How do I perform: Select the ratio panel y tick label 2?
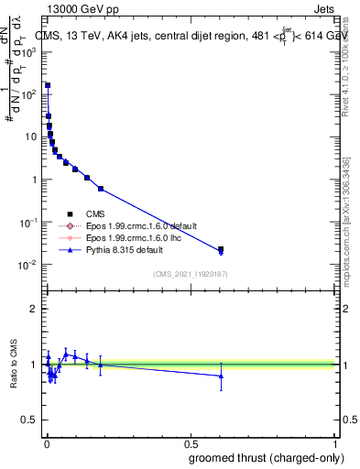click(x=33, y=309)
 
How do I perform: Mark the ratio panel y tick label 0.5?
click(x=29, y=420)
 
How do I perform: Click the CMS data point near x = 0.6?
click(x=221, y=249)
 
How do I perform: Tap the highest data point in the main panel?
click(x=48, y=85)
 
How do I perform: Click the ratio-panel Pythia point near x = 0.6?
click(x=221, y=376)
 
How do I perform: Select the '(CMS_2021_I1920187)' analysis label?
click(x=190, y=274)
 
